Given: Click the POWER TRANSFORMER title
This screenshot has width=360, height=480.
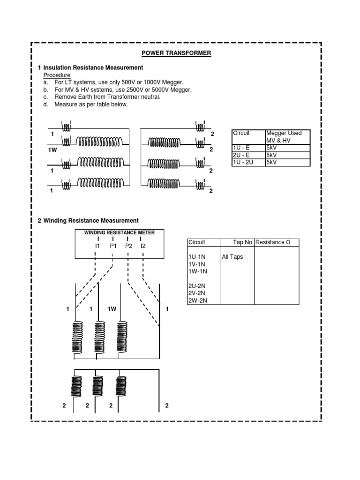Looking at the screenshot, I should tap(176, 53).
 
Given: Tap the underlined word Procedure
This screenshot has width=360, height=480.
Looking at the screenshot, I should tap(57, 75).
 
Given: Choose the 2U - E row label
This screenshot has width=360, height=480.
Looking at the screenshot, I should tap(242, 155).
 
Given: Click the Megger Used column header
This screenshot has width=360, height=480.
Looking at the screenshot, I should tap(284, 133).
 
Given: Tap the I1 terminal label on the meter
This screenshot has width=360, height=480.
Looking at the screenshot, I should tap(97, 245).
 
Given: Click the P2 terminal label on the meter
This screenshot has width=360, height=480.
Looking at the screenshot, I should tap(128, 245).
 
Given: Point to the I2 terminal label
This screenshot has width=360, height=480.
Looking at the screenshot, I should tap(143, 245).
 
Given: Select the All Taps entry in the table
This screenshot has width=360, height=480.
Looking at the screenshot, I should tap(232, 257).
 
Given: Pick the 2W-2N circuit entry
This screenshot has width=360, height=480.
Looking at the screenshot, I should tap(198, 300).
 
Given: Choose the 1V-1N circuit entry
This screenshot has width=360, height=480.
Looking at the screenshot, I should tap(197, 264).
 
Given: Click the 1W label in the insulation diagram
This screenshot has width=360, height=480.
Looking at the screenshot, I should tap(52, 150).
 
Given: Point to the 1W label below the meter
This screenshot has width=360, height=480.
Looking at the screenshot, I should tap(112, 309).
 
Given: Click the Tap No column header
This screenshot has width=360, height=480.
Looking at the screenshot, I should tap(243, 242).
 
